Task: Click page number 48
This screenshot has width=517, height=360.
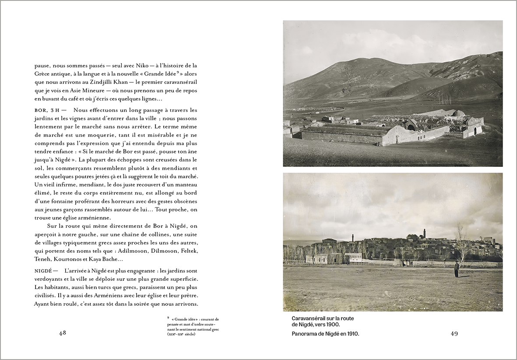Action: coord(62,333)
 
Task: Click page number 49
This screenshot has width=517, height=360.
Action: coord(454,334)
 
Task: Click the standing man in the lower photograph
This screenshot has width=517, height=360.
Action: coord(456,269)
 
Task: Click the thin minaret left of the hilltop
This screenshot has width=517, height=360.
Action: coord(352,238)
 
